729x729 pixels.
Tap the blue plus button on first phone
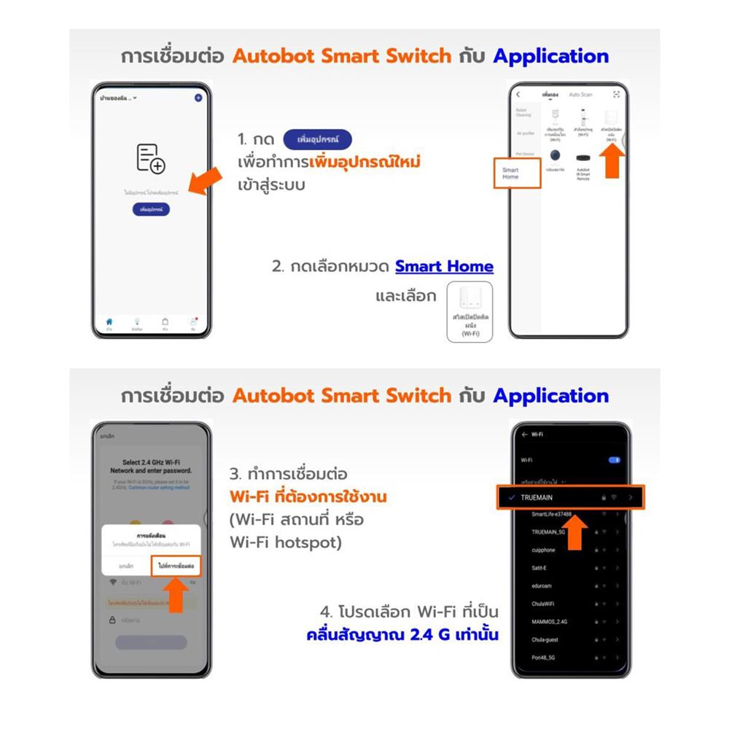[x=198, y=98]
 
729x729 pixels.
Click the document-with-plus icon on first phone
[x=151, y=158]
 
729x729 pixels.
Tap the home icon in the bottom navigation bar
[x=109, y=323]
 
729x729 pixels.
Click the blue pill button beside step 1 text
[x=316, y=139]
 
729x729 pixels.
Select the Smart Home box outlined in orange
[x=517, y=173]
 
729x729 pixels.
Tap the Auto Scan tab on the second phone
[x=580, y=95]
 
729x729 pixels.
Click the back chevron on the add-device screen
[x=518, y=95]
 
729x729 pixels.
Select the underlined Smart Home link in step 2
[x=444, y=267]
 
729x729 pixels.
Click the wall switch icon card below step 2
[x=469, y=311]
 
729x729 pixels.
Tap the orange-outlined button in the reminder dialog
[x=175, y=566]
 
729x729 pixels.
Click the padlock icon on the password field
[x=113, y=620]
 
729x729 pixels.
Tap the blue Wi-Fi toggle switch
[x=614, y=460]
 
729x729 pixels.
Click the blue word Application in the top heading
[x=550, y=56]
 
